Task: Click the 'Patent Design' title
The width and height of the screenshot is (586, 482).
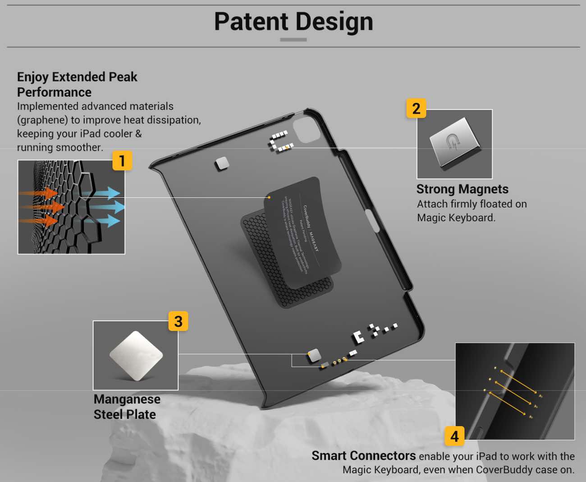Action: tap(293, 22)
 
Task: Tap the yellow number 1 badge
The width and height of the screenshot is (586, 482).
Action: tap(122, 161)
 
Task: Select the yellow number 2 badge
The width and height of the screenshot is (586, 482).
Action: tap(416, 108)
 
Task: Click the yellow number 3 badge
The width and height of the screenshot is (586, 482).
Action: tap(178, 321)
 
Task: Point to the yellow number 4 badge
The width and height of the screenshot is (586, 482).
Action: tap(454, 436)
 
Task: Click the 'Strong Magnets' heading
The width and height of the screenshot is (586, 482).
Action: tap(462, 189)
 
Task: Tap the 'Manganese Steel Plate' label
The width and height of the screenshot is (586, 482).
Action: tap(127, 407)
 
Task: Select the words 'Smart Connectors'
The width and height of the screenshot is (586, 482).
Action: tap(363, 456)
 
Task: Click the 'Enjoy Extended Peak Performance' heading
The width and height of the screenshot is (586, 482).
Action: tap(77, 84)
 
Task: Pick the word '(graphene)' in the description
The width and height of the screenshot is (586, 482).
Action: tap(42, 120)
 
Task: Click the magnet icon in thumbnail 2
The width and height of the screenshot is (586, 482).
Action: tap(453, 143)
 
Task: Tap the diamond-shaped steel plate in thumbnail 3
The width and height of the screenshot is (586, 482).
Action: tap(136, 355)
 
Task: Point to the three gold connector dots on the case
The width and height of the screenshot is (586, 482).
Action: tap(339, 361)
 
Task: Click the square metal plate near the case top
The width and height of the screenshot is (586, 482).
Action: tap(222, 164)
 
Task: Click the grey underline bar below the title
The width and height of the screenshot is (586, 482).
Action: tap(293, 40)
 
